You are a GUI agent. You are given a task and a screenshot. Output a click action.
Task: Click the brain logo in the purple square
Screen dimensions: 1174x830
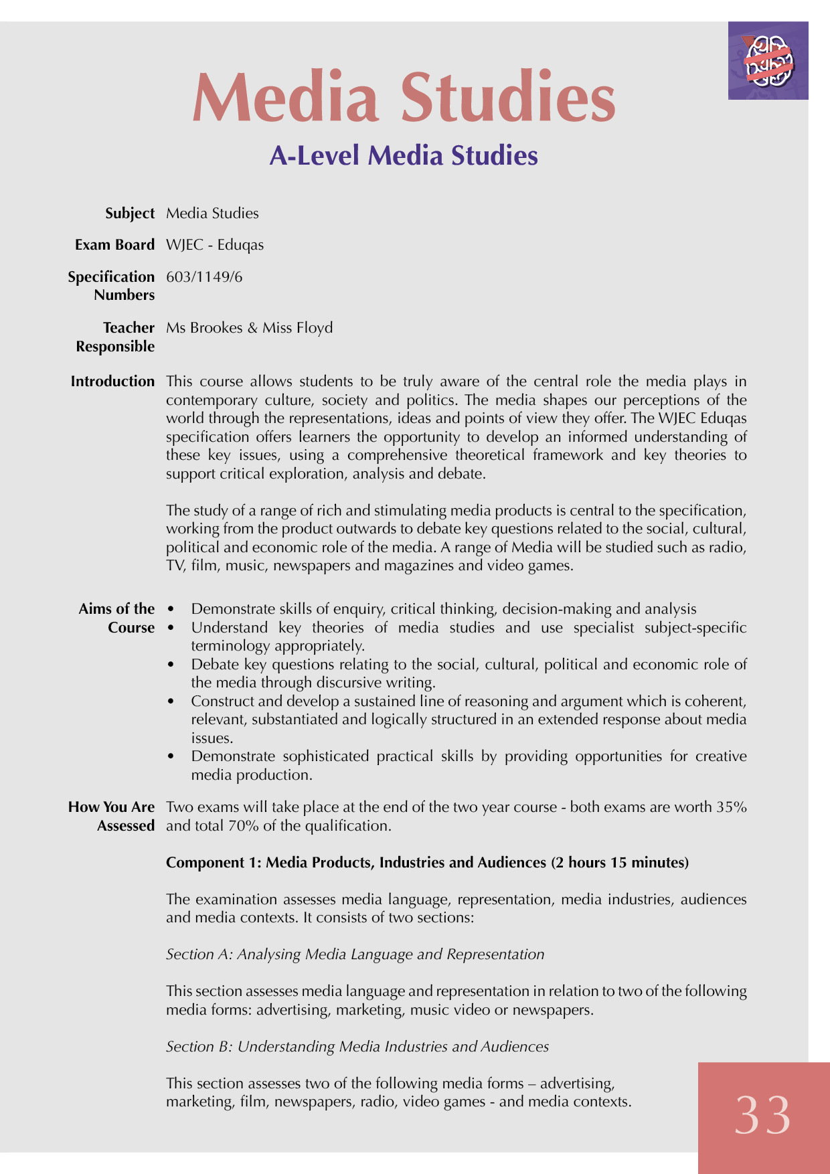(769, 61)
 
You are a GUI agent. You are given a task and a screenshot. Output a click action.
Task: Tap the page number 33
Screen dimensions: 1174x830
(762, 1116)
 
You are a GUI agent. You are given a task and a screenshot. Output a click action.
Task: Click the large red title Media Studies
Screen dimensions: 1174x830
(404, 98)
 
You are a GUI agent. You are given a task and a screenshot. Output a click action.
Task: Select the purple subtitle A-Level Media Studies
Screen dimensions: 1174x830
(404, 156)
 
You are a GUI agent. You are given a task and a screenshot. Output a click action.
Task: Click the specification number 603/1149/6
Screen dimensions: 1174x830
(204, 277)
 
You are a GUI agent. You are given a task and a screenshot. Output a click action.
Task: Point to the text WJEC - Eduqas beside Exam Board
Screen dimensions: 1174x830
(215, 245)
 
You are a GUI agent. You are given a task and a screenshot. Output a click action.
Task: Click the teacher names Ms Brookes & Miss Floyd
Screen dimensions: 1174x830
(249, 328)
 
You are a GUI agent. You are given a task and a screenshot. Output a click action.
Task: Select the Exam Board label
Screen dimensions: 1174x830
(114, 245)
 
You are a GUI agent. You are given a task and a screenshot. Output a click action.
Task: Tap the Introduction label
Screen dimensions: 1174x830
(112, 382)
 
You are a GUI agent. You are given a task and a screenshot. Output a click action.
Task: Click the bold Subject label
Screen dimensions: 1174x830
(130, 214)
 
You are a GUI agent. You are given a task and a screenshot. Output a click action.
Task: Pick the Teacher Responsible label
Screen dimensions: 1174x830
(115, 337)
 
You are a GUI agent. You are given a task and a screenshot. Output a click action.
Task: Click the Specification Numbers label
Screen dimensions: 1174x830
(111, 286)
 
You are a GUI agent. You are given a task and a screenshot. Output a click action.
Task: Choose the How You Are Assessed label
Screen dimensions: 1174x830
(112, 817)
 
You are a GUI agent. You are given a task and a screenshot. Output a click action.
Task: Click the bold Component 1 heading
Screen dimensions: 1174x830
(427, 863)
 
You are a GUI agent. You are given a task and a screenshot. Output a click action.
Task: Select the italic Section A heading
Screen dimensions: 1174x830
(355, 954)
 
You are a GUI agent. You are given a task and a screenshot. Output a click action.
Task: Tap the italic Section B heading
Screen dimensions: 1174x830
(357, 1047)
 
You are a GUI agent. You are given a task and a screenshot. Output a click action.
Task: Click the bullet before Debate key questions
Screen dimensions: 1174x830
(171, 665)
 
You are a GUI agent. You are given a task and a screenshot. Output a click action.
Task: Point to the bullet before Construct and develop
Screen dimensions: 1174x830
(171, 701)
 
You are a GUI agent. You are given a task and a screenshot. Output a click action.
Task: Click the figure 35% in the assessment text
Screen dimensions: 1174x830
(732, 807)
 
